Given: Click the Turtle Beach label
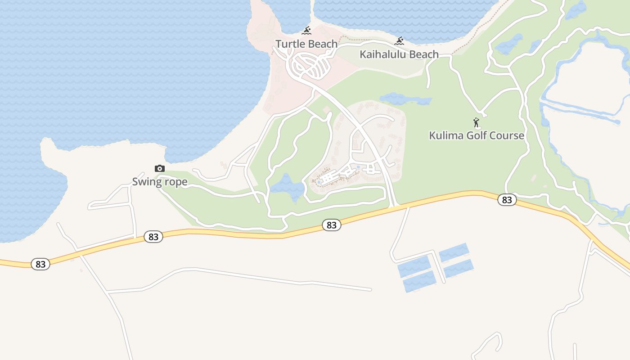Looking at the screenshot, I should pyautogui.click(x=306, y=44).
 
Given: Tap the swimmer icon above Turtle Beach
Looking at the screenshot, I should pyautogui.click(x=306, y=31).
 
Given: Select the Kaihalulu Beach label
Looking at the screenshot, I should pyautogui.click(x=399, y=54).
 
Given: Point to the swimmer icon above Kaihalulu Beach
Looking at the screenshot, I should pyautogui.click(x=399, y=41).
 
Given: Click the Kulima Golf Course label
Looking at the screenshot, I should pyautogui.click(x=477, y=135).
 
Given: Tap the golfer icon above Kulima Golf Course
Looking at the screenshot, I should pyautogui.click(x=476, y=122).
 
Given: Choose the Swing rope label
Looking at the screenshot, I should pyautogui.click(x=160, y=182).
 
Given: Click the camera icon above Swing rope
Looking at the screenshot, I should pyautogui.click(x=160, y=169).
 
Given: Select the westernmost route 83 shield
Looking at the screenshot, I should pyautogui.click(x=40, y=264).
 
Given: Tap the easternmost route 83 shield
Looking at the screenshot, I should pyautogui.click(x=507, y=200).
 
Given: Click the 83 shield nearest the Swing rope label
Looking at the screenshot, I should pyautogui.click(x=153, y=237).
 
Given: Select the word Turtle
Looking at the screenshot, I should pyautogui.click(x=290, y=44).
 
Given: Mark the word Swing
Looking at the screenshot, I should pyautogui.click(x=146, y=182).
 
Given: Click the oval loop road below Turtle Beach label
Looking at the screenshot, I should pyautogui.click(x=310, y=66).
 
